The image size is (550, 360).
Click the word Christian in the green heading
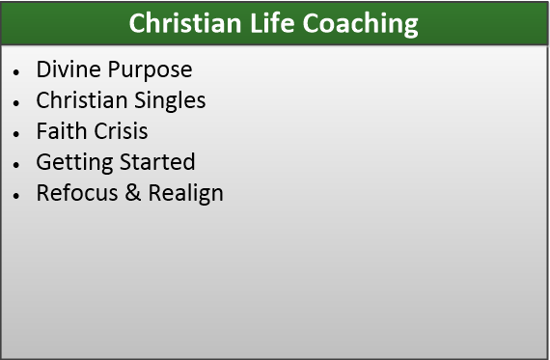coord(185,23)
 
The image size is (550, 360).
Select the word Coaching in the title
coord(360,24)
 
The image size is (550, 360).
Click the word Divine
coord(69,69)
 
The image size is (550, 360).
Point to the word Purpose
coord(151,70)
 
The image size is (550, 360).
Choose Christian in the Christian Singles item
coord(82,100)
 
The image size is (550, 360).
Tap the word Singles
coord(170,101)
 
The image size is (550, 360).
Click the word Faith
coord(62,131)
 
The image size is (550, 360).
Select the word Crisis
coord(121,131)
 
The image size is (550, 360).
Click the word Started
coord(157,162)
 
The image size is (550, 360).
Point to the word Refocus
coord(77,193)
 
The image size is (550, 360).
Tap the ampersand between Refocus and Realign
coord(133,193)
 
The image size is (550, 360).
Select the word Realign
coord(186,194)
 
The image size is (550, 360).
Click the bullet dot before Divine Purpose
coord(16,72)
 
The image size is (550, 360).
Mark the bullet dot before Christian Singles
coord(16,103)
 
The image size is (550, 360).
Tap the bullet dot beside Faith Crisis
coord(16,134)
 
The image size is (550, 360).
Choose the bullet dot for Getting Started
coord(16,165)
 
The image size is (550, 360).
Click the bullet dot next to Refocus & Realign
coord(16,195)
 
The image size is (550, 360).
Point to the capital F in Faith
coord(41,131)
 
